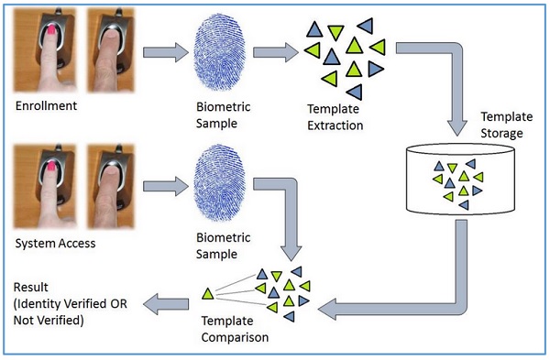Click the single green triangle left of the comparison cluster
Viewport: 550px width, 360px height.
click(x=207, y=294)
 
